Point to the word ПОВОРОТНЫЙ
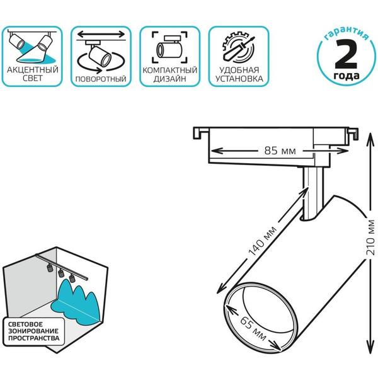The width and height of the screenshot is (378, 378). pyautogui.click(x=100, y=79)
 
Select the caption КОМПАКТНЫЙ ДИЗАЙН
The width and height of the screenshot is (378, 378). pyautogui.click(x=169, y=74)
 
